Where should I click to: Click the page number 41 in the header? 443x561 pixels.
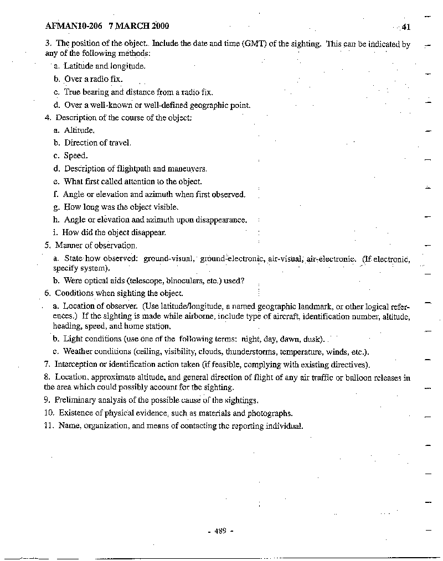pos(406,27)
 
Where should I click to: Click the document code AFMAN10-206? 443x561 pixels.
pos(74,25)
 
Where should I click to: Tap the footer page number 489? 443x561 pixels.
pos(220,531)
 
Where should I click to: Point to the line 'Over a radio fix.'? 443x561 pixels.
pos(93,79)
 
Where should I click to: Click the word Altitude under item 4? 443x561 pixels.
pos(79,130)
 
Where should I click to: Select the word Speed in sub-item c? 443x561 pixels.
pos(76,155)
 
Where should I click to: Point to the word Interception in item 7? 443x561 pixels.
pos(76,365)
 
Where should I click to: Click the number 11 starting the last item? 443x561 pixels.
pos(48,426)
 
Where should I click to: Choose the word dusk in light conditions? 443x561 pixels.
pos(315,339)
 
